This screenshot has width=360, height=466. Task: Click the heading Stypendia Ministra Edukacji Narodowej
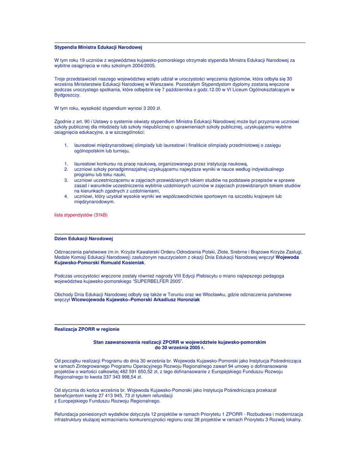pyautogui.click(x=98, y=47)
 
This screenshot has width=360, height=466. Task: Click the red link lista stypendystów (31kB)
pyautogui.click(x=81, y=214)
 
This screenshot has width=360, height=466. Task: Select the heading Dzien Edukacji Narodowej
pyautogui.click(x=83, y=238)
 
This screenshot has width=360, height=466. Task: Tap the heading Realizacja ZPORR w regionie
pyautogui.click(x=87, y=329)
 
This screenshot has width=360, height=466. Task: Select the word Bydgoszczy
pyautogui.click(x=67, y=95)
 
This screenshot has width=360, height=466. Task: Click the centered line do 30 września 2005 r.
pyautogui.click(x=180, y=347)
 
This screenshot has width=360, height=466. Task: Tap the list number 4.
pyautogui.click(x=66, y=196)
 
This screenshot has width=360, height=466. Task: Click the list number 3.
pyautogui.click(x=66, y=180)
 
